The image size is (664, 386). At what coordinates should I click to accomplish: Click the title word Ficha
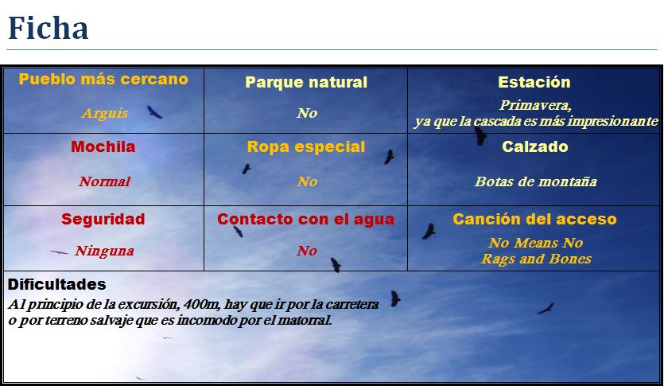(48, 29)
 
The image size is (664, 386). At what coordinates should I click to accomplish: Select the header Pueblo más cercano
(103, 80)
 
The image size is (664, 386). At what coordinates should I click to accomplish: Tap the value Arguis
(104, 113)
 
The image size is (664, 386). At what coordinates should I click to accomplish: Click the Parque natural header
(306, 83)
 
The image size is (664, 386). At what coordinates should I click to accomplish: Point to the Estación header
(534, 83)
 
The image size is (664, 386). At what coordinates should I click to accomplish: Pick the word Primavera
(535, 105)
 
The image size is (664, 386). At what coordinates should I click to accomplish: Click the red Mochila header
(103, 147)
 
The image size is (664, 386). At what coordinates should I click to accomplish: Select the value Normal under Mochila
(104, 181)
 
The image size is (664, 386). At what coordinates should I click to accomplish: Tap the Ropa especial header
(306, 147)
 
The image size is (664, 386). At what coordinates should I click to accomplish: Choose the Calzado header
(534, 147)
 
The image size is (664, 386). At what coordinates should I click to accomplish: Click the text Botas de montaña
(536, 181)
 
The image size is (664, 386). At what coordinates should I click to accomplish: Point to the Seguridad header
(103, 219)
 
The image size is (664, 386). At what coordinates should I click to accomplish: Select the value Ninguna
(104, 251)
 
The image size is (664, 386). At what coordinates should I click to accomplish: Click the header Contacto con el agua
(306, 220)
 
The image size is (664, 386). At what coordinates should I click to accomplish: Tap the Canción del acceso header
(534, 219)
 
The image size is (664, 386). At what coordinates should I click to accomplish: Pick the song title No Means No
(536, 243)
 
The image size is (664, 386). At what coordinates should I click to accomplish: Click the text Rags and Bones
(536, 259)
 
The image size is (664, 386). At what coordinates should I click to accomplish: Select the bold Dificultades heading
(56, 284)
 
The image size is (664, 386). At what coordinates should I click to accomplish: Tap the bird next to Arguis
(154, 112)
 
